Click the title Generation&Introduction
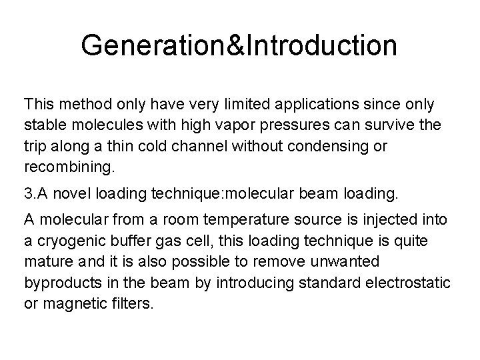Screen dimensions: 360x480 click(x=239, y=45)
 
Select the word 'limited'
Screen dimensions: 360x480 click(x=221, y=105)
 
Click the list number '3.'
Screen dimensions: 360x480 click(x=30, y=194)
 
